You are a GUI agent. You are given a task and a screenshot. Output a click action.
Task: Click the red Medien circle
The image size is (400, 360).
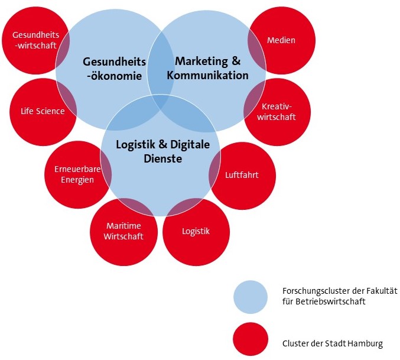282,40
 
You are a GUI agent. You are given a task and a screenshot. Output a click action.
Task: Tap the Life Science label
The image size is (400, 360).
43,111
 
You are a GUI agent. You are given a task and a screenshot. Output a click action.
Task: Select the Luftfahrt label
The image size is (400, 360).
242,175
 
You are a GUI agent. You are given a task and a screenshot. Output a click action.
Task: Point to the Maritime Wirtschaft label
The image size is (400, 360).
123,231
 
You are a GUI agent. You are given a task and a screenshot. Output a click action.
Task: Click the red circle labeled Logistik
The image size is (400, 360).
196,232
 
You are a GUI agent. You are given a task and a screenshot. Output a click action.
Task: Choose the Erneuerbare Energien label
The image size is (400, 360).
77,174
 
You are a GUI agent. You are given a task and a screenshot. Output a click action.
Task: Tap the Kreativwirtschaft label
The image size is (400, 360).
277,112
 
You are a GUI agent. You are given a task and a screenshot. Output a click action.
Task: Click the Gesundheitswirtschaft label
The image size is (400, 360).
35,40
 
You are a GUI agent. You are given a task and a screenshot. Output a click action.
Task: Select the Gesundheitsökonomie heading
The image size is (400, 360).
114,69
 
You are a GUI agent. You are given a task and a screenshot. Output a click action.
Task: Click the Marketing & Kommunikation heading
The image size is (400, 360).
207,68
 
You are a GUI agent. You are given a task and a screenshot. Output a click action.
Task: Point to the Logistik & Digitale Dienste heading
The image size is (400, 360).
162,151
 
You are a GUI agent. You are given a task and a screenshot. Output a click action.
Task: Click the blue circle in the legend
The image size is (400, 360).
251,297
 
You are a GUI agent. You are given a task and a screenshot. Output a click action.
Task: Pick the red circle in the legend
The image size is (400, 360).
251,339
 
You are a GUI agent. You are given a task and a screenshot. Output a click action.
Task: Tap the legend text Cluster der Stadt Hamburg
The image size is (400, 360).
333,343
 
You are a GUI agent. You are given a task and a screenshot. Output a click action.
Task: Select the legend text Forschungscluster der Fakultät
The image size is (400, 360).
340,291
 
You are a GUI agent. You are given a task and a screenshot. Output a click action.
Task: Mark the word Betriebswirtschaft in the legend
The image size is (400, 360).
331,301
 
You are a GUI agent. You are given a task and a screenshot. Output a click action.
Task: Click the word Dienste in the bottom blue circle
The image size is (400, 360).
162,158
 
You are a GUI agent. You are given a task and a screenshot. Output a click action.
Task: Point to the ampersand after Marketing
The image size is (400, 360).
236,61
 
